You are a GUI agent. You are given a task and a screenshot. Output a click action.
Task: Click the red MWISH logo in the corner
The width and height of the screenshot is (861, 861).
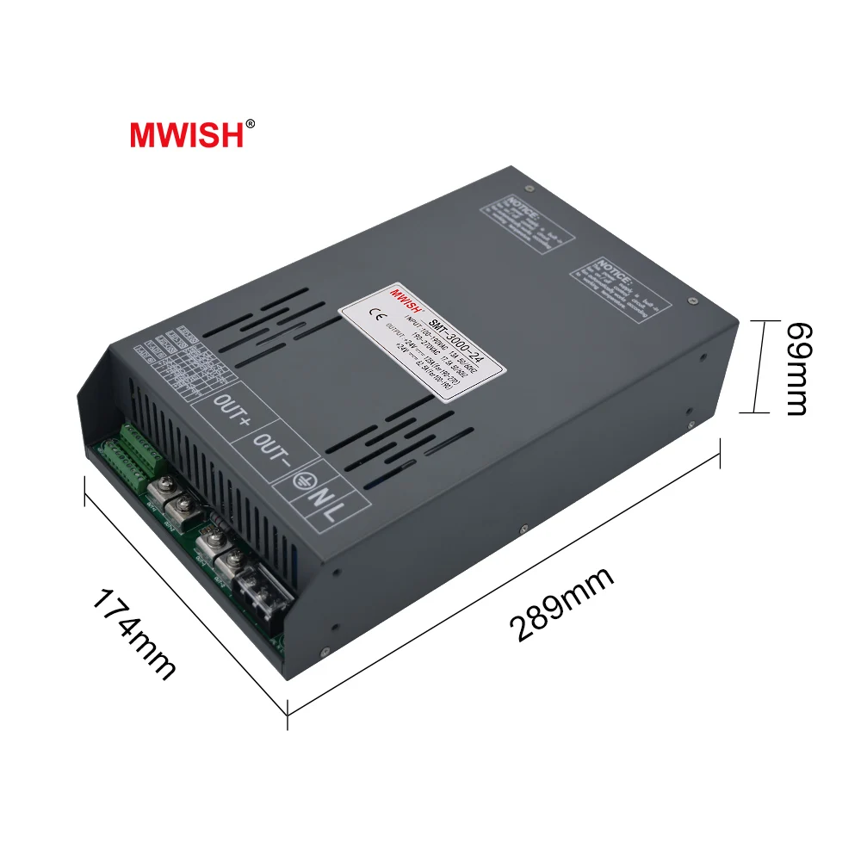[x=187, y=133]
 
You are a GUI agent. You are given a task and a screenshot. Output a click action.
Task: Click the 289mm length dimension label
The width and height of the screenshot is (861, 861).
[x=561, y=604]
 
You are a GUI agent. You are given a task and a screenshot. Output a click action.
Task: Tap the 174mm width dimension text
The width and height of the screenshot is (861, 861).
[x=134, y=634]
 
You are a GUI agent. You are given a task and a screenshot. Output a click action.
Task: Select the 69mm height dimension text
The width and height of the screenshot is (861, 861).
[x=798, y=369]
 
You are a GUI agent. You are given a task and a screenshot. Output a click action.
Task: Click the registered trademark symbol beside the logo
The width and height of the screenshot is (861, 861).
[x=251, y=124]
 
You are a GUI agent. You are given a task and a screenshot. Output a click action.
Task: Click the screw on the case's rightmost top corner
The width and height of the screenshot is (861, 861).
[x=692, y=300]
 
